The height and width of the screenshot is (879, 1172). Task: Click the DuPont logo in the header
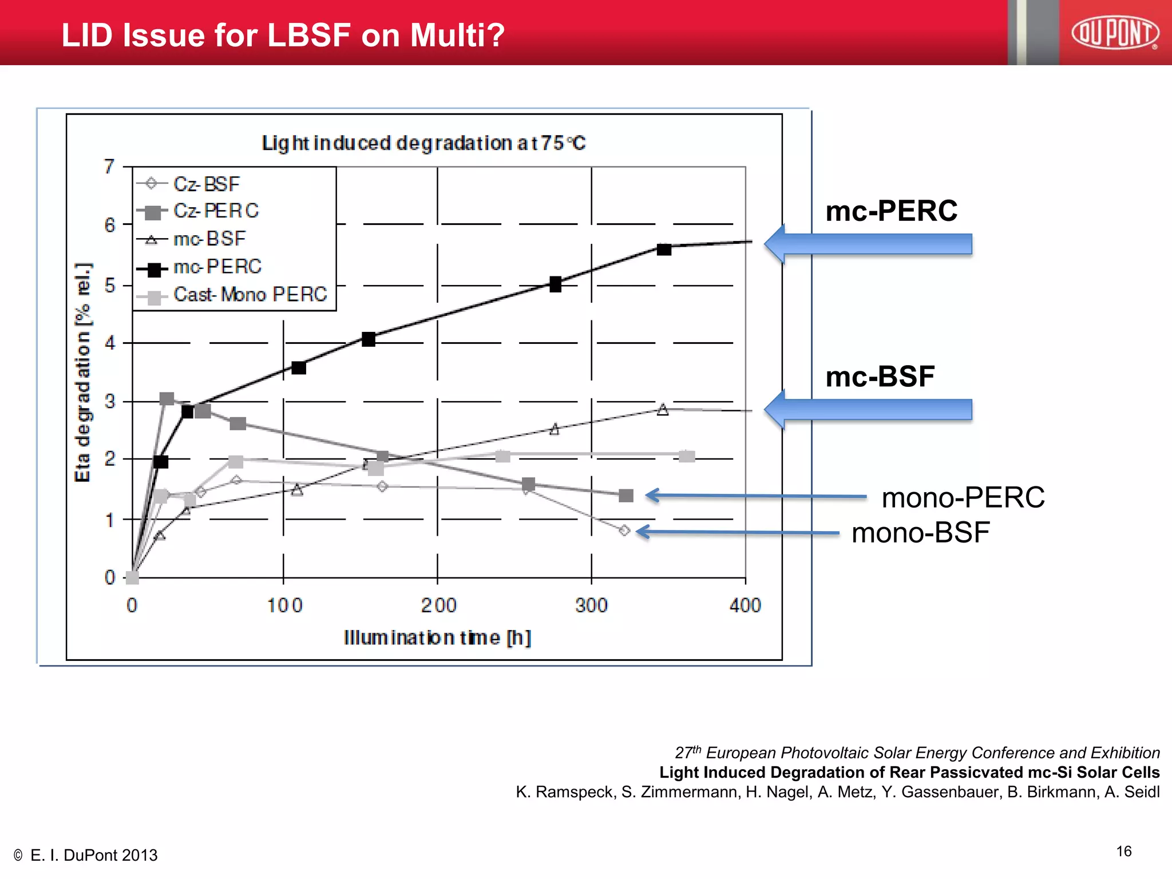[x=1115, y=33]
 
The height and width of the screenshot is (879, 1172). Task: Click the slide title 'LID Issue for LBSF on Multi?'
[x=283, y=35]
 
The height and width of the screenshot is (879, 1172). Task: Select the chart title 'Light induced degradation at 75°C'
[x=423, y=142]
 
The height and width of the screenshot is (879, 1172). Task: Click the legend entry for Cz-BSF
[x=206, y=184]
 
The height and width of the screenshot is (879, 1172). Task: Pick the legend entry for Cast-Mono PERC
[x=250, y=295]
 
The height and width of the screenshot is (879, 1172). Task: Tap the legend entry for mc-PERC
[x=217, y=267]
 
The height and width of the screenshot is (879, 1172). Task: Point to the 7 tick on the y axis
[x=109, y=167]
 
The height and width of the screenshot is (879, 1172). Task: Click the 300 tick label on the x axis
[x=591, y=605]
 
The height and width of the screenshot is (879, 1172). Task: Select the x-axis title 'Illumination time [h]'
[x=437, y=638]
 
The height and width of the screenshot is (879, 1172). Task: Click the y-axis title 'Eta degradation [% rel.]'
[x=84, y=372]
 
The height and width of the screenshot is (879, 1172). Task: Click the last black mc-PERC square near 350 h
[x=664, y=250]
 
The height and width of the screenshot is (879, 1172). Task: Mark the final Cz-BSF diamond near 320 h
[x=624, y=531]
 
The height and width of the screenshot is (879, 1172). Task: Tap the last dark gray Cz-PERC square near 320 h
[x=626, y=496]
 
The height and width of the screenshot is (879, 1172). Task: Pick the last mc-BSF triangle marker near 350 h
[x=663, y=409]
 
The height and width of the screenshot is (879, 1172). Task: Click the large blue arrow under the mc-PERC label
[x=868, y=244]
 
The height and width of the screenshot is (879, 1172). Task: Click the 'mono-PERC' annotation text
[x=963, y=497]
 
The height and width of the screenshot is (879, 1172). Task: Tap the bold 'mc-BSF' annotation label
[x=880, y=377]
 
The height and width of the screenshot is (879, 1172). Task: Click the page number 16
[x=1123, y=851]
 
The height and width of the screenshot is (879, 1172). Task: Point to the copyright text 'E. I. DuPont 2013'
[x=93, y=855]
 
